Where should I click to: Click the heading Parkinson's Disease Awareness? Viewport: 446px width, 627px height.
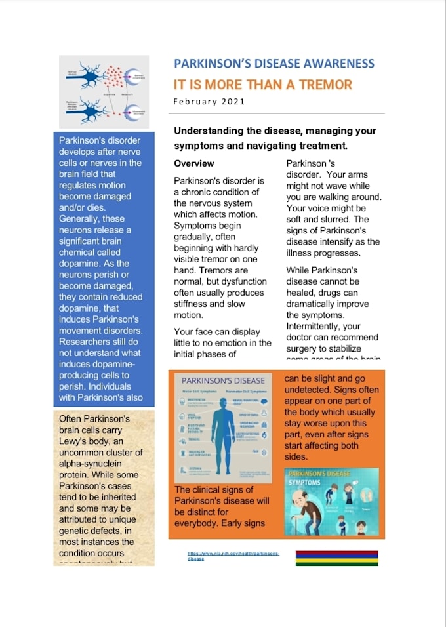274,64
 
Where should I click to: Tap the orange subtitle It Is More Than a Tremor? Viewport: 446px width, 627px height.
262,85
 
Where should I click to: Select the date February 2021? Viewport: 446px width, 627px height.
209,102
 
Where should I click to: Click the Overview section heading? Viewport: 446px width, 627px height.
193,163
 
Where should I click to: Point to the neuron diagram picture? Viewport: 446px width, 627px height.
104,91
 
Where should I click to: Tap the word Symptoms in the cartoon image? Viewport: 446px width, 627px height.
304,482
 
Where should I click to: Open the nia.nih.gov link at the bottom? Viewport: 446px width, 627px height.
233,556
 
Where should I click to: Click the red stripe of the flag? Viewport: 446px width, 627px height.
336,553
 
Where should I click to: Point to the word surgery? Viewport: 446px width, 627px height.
304,348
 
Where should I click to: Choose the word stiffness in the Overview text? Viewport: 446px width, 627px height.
192,304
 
